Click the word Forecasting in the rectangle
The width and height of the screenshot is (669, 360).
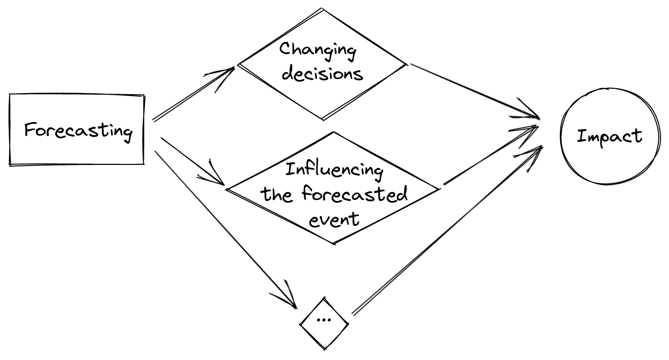tap(79, 131)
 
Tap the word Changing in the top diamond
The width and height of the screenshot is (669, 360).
tap(318, 50)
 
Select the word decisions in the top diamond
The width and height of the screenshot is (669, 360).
tap(323, 74)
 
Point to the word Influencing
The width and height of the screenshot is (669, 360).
tap(334, 170)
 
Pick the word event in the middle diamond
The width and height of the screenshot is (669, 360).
tap(335, 219)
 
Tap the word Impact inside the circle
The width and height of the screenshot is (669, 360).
tap(610, 136)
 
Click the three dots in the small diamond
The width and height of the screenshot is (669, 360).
tap(324, 320)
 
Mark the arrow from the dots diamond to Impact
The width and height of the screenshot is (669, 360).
tap(446, 229)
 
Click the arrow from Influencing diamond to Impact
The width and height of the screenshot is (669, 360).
tap(490, 156)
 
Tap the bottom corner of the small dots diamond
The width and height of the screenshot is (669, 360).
tap(325, 348)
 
